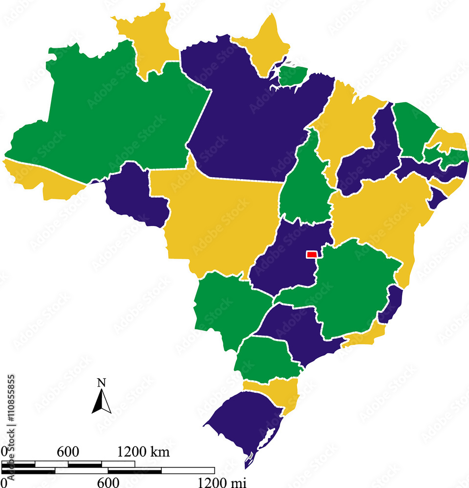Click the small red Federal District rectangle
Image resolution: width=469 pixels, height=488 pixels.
coord(311,254)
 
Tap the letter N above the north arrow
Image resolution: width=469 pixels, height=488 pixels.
coord(102,383)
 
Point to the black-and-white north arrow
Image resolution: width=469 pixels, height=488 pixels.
coord(102,402)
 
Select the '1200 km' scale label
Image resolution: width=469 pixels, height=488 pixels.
coord(143,452)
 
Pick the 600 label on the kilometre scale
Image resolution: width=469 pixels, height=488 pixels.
coord(68,452)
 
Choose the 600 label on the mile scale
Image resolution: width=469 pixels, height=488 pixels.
coord(108,483)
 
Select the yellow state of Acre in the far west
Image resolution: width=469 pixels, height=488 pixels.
coord(39,178)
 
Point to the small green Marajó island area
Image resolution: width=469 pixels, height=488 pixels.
coord(293,76)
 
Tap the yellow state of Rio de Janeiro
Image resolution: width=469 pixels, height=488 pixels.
coord(364,337)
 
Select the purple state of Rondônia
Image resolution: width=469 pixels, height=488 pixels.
coord(134,195)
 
